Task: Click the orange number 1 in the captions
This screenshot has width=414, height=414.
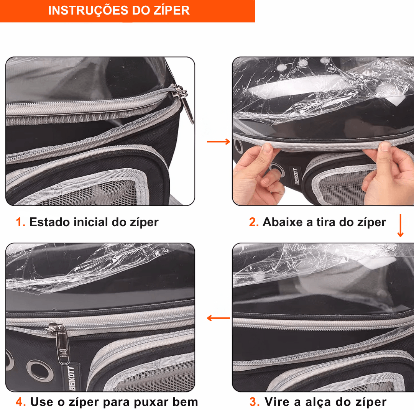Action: (x=20, y=222)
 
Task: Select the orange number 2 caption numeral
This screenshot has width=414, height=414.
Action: (x=254, y=222)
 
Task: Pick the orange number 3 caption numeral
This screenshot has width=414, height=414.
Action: (x=255, y=402)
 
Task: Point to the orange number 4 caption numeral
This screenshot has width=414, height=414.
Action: (x=21, y=402)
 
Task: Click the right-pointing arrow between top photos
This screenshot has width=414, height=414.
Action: (x=219, y=142)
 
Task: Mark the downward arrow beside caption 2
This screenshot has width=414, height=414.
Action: (x=400, y=225)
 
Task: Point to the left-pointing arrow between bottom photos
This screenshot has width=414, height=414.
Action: (x=219, y=318)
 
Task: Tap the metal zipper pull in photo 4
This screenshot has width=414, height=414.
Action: (x=61, y=342)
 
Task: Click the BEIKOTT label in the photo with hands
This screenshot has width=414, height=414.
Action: (x=296, y=176)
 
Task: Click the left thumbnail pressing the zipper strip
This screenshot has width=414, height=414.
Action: (x=267, y=148)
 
